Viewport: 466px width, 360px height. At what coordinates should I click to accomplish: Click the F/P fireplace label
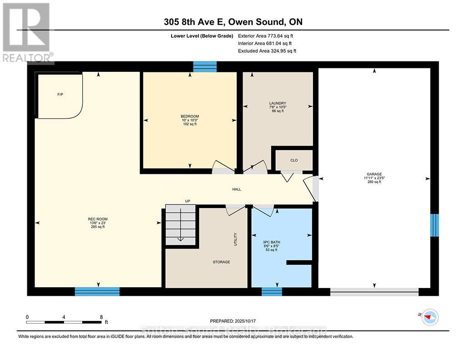(60, 95)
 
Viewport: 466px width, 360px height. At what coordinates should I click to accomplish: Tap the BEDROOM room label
(190, 117)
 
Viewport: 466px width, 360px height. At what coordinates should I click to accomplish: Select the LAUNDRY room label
(278, 103)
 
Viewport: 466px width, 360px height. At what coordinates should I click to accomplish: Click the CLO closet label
(294, 160)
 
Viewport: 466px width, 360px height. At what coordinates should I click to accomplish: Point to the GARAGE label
(374, 174)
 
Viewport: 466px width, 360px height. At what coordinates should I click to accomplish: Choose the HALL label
(237, 189)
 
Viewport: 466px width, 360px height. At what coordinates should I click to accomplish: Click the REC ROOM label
(98, 219)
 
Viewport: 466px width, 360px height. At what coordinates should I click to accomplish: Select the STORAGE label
(221, 262)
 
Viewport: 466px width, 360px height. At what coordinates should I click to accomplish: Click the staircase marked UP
(180, 225)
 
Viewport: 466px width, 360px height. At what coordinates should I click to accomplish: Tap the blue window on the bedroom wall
(205, 67)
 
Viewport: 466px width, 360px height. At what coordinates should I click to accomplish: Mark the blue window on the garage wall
(435, 225)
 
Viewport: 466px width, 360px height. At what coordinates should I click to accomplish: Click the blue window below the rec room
(97, 291)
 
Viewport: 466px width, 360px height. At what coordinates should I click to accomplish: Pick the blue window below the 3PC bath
(272, 291)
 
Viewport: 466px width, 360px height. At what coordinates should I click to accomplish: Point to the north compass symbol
(430, 317)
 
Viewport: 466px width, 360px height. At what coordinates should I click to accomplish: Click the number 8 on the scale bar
(101, 317)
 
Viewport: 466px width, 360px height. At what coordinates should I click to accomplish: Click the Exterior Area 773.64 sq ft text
(268, 35)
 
